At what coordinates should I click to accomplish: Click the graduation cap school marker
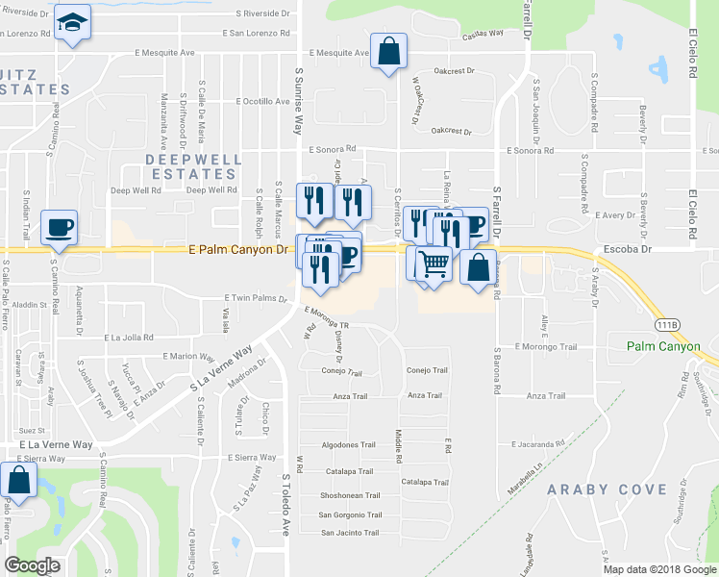click(x=72, y=21)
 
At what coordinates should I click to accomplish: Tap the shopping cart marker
click(x=434, y=262)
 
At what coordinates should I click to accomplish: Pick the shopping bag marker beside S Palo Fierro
click(x=16, y=481)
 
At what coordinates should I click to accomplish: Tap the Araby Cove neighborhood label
click(x=607, y=489)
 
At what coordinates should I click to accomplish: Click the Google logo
click(x=33, y=565)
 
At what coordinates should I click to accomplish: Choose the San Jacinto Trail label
click(x=351, y=532)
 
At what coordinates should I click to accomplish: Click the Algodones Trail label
click(x=347, y=445)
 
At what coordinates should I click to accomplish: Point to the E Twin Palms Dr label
click(x=255, y=298)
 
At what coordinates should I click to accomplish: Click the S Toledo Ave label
click(x=285, y=510)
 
